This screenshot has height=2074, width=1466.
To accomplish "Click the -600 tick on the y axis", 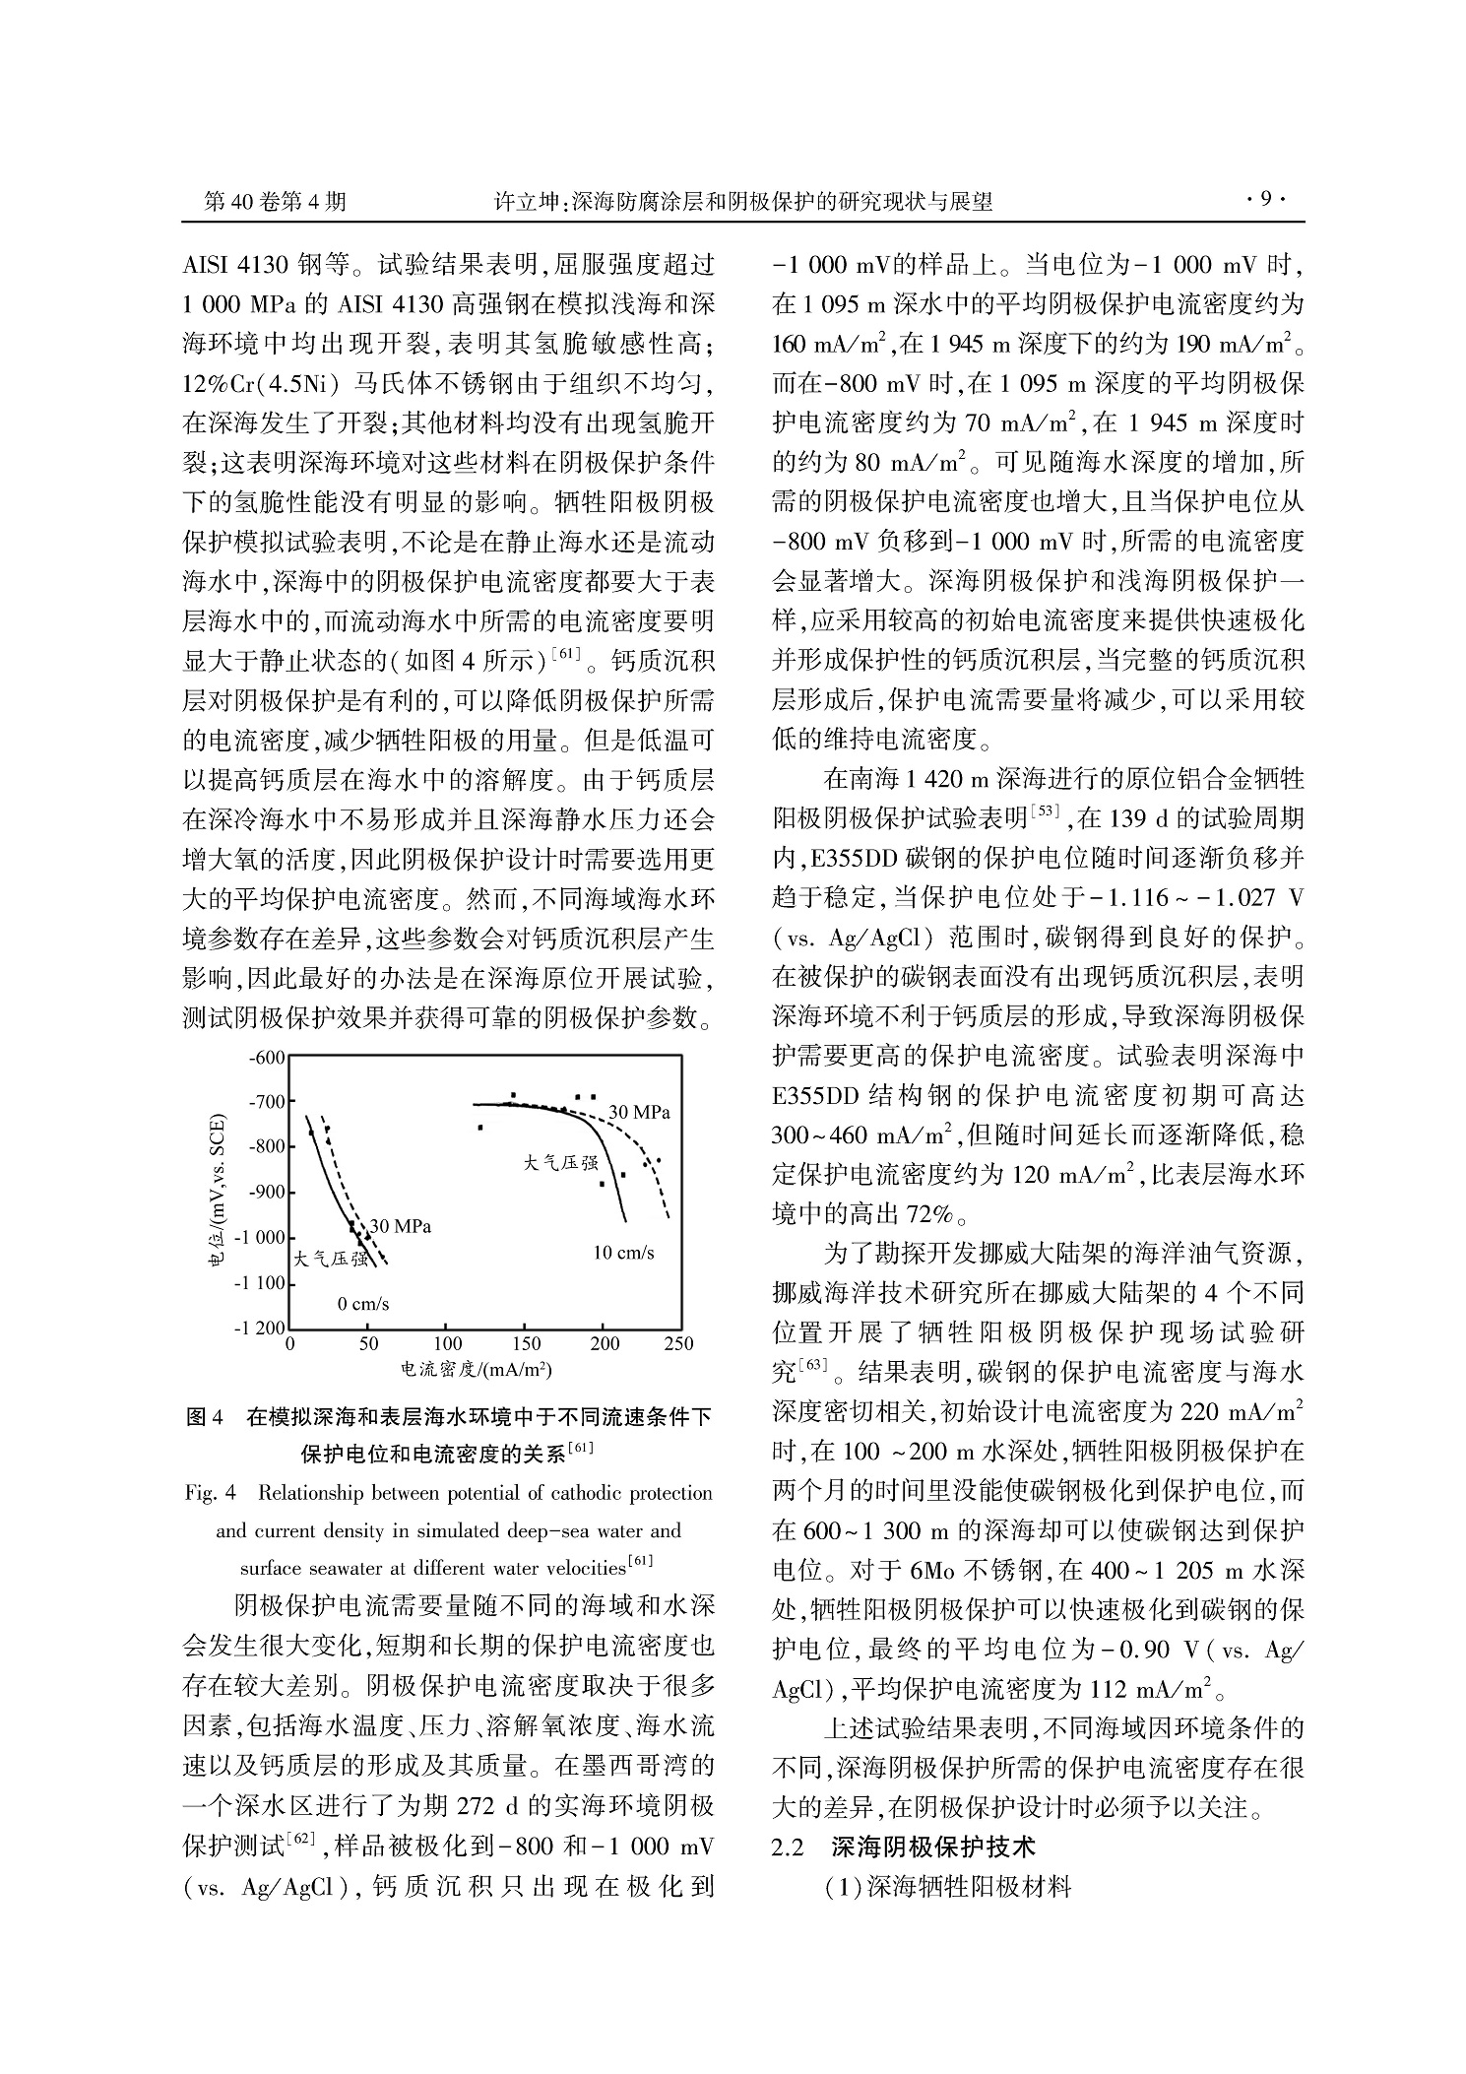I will (267, 1059).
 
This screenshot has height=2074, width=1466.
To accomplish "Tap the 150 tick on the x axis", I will (526, 1344).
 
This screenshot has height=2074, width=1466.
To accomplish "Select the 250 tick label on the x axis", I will (679, 1344).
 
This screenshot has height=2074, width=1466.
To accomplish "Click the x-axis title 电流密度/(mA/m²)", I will (475, 1369).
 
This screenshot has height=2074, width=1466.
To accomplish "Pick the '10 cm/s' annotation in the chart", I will (623, 1253).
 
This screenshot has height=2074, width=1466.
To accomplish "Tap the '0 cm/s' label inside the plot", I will (363, 1304).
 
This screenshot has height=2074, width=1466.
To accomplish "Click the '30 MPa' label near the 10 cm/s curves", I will (639, 1112).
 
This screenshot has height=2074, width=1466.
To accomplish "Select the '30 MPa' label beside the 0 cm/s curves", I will (400, 1226).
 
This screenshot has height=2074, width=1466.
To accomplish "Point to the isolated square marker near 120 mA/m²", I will (480, 1127).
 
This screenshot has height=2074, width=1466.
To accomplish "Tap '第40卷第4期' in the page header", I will (275, 202).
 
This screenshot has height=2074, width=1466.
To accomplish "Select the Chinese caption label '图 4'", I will (205, 1417).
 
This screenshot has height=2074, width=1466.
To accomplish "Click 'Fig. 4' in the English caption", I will (211, 1493).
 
